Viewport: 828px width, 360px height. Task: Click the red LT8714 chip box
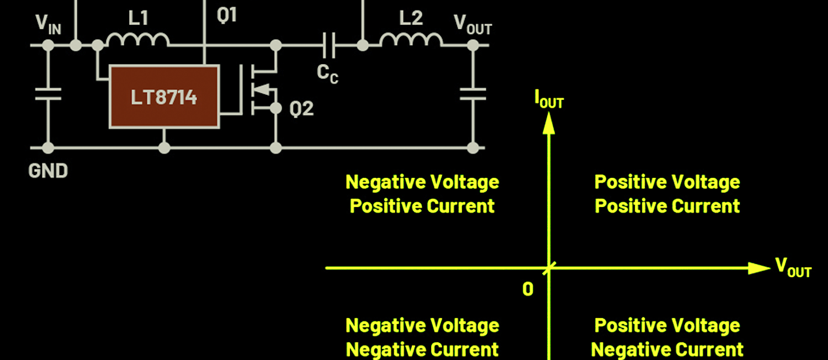[x=164, y=97]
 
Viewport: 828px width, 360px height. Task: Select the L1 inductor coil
[x=137, y=40]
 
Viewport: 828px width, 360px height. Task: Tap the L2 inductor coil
[x=411, y=40]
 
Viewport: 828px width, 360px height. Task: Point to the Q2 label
[x=301, y=109]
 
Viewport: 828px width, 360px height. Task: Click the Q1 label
[x=227, y=15]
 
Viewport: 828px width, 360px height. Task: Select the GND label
[x=48, y=171]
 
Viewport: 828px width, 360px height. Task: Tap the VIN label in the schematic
[x=48, y=23]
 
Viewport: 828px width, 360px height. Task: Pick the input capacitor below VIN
[x=48, y=94]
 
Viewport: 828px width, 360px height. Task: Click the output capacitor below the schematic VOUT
[x=473, y=94]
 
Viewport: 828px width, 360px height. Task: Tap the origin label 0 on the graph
[x=528, y=289]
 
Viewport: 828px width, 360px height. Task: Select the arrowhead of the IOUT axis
[x=548, y=124]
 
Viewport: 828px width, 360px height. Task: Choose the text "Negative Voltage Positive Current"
[x=422, y=194]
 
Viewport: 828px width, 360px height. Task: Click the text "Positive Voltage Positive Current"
[x=667, y=194]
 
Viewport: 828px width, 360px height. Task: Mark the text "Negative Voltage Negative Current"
[x=422, y=337]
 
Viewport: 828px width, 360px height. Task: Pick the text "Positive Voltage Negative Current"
[x=667, y=337]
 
